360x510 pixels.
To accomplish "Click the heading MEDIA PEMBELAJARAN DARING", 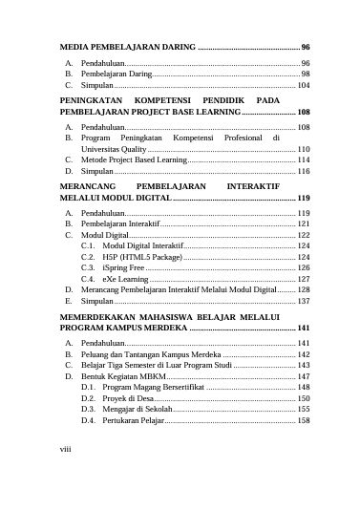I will point(128,47).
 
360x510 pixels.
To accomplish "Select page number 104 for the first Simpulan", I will point(302,86).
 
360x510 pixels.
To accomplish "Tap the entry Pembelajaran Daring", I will point(116,74).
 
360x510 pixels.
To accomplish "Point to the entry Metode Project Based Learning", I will point(134,160).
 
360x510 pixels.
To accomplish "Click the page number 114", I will point(303,160).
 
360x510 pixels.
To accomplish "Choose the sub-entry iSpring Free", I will point(124,268).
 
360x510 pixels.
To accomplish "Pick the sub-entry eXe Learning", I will point(127,279).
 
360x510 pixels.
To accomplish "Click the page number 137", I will point(303,300).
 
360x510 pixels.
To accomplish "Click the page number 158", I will point(303,420).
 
